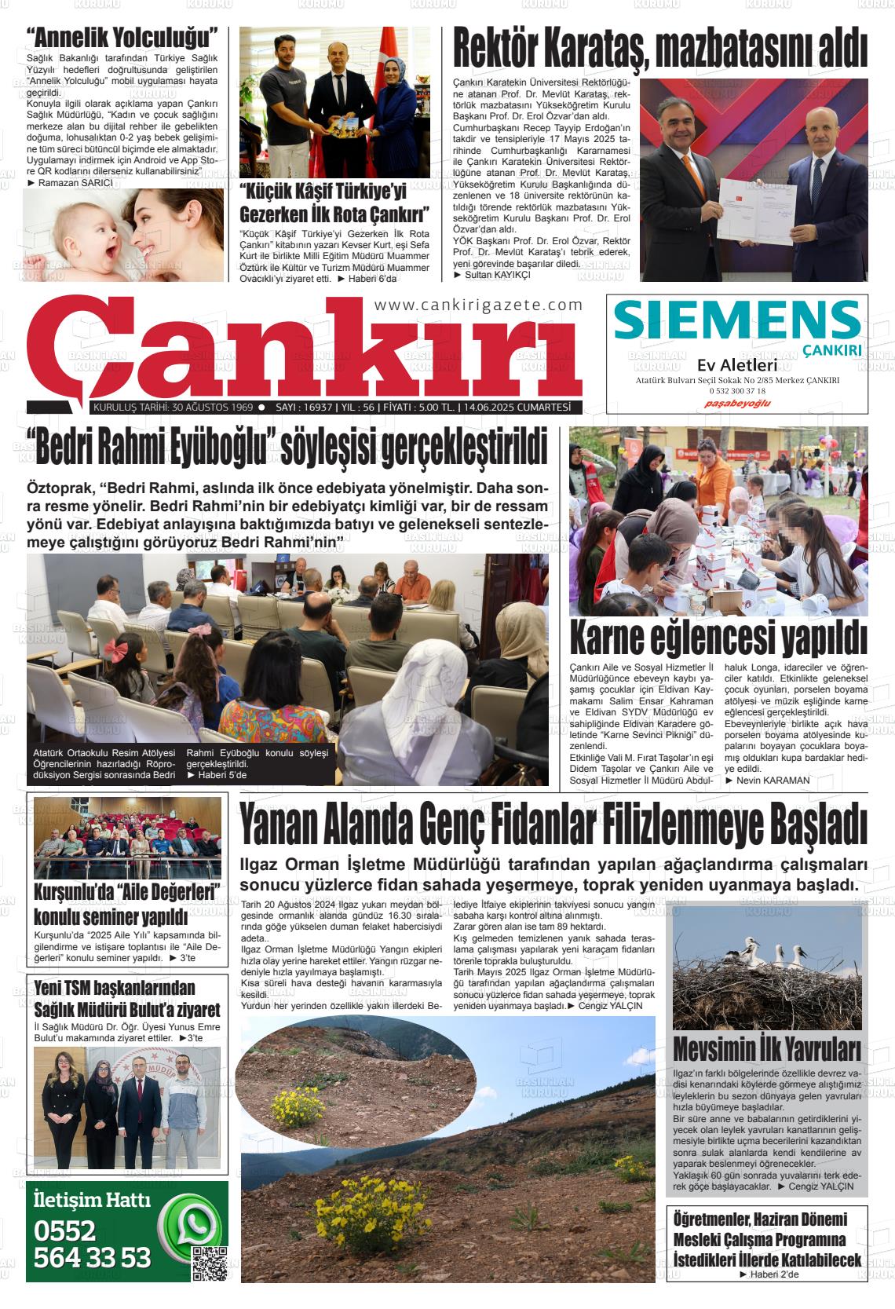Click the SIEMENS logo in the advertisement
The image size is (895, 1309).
(x=737, y=320)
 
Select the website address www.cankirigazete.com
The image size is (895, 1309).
(x=479, y=305)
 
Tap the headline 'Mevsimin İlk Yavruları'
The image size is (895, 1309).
(x=766, y=1049)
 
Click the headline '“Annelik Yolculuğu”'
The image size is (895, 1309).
(x=122, y=37)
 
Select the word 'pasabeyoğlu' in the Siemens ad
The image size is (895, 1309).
(x=737, y=403)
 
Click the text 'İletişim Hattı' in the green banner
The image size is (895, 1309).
(x=91, y=1200)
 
